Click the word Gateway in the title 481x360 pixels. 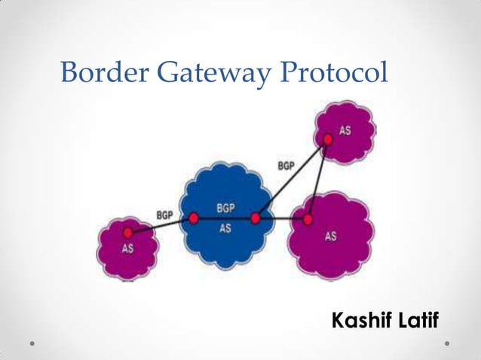pos(211,73)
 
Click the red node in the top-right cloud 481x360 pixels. pos(327,139)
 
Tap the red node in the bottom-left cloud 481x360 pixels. pos(128,233)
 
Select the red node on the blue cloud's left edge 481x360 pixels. pos(193,218)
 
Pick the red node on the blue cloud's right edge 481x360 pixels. pos(256,218)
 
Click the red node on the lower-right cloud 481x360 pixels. pos(308,219)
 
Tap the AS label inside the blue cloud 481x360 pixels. pos(225,228)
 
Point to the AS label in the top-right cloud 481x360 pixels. pos(345,130)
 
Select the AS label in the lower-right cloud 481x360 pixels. pos(330,236)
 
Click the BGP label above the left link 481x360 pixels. pos(164,215)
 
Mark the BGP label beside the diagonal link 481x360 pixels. pos(286,165)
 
